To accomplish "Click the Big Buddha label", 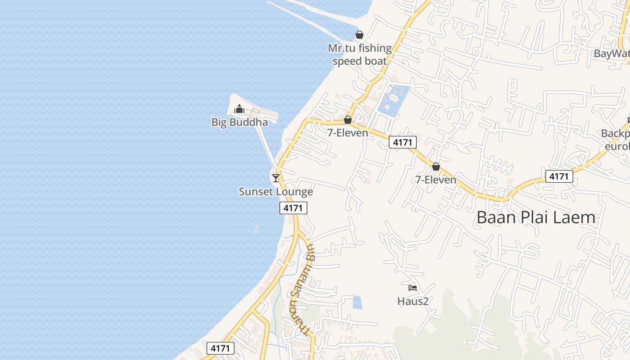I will [x=239, y=122].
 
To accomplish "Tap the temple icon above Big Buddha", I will [x=239, y=109].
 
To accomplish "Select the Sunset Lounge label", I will [x=275, y=192].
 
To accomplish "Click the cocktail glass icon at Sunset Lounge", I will [x=276, y=178].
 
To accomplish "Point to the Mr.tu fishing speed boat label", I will [x=360, y=54].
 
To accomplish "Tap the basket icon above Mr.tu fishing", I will [x=360, y=35].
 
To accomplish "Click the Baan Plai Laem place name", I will [x=535, y=218].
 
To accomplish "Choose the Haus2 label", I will [x=413, y=301].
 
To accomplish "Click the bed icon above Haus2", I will [x=413, y=288].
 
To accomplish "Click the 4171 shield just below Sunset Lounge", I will [x=293, y=207].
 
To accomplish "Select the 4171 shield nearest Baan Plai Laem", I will [x=559, y=176].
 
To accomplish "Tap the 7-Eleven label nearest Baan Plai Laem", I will [x=436, y=180].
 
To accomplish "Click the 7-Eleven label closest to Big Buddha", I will [x=347, y=133].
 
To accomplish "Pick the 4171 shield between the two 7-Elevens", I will [x=403, y=142].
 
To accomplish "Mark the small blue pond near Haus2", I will [x=357, y=302].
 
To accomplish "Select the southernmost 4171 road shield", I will [x=220, y=348].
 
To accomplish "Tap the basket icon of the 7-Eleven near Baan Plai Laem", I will [x=436, y=166].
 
